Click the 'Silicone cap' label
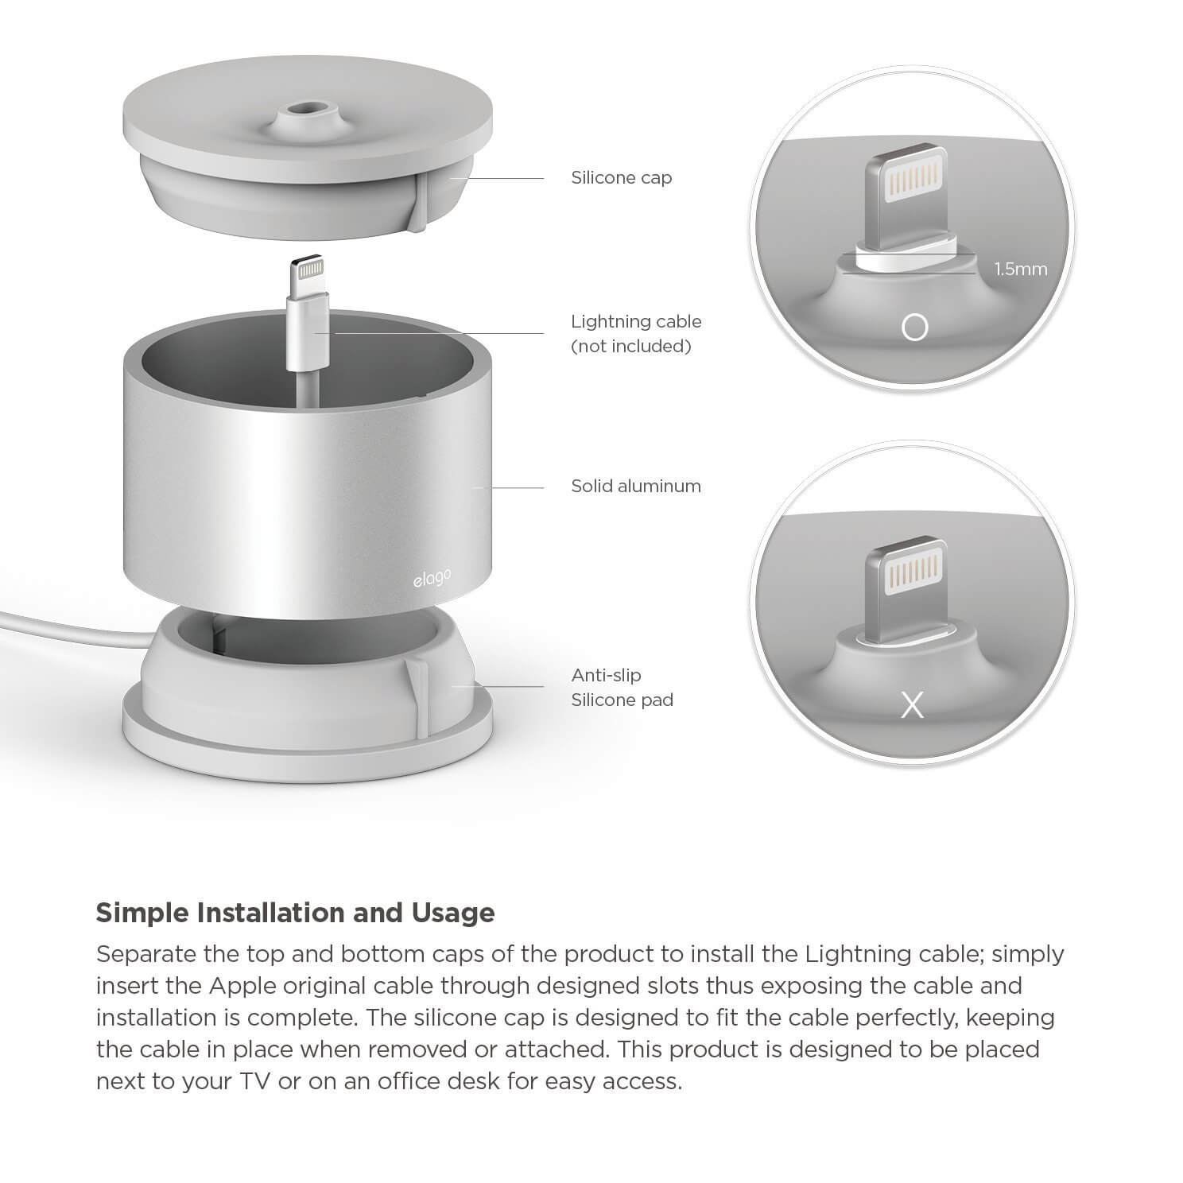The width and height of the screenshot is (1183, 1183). [621, 177]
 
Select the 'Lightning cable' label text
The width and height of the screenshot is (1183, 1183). [636, 322]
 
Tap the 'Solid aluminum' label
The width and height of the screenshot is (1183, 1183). [636, 486]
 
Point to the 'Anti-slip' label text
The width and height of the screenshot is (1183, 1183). [606, 676]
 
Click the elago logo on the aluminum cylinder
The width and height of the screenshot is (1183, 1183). [432, 579]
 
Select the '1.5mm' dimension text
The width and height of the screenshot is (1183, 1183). [1021, 269]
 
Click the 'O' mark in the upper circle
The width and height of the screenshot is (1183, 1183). [914, 328]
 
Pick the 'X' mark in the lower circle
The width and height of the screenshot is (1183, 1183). [913, 704]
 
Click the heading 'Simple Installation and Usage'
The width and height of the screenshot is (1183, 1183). [295, 913]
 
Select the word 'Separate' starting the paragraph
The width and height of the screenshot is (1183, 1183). [146, 953]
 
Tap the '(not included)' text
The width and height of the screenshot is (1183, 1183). [631, 347]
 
